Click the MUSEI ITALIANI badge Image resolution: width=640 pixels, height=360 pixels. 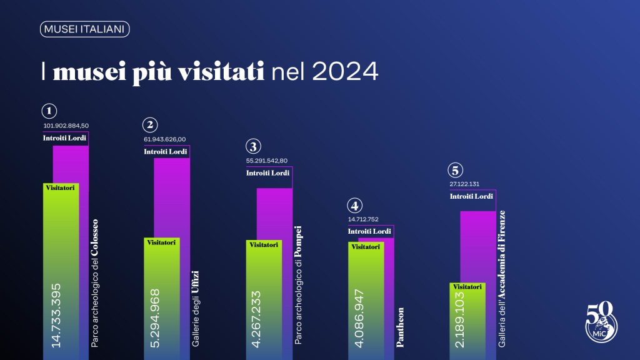(x=84, y=29)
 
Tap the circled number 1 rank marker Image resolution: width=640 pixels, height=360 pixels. (x=49, y=111)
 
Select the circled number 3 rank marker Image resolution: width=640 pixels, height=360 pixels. (x=253, y=146)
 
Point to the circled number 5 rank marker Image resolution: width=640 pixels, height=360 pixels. (x=456, y=170)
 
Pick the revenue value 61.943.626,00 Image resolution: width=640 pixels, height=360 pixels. (x=165, y=139)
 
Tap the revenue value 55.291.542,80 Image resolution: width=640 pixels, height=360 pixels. (x=267, y=161)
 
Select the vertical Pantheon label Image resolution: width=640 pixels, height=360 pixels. (x=400, y=327)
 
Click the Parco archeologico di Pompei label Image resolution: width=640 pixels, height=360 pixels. (x=297, y=285)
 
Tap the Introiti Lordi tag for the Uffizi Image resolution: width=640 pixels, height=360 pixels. (x=165, y=152)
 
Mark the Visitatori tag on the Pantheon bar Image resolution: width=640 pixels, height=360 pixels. (x=365, y=247)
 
